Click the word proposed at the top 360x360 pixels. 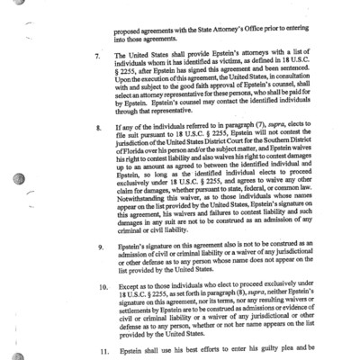130,16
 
